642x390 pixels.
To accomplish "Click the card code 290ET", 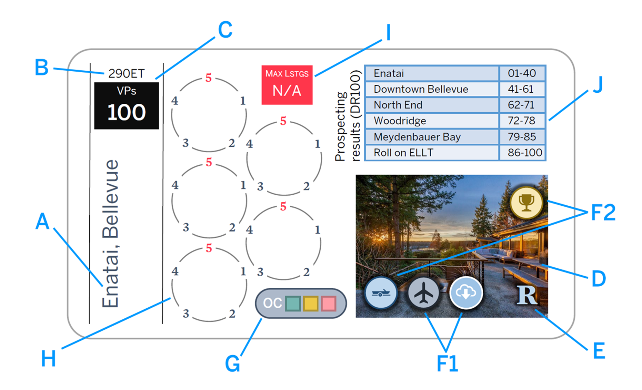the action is pyautogui.click(x=126, y=73).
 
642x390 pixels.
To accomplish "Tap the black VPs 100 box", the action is pyautogui.click(x=127, y=106).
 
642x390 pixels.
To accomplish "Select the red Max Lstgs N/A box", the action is pyautogui.click(x=287, y=85).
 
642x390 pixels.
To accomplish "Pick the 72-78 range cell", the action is pyautogui.click(x=522, y=121).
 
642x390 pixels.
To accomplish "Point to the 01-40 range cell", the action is pyautogui.click(x=522, y=73).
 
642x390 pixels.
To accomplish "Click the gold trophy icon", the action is pyautogui.click(x=526, y=202).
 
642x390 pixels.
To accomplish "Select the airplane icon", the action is pyautogui.click(x=423, y=293).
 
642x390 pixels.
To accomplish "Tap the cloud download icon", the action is pyautogui.click(x=466, y=293).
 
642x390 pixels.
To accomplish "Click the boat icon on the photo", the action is pyautogui.click(x=381, y=293).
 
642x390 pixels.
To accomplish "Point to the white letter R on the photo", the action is pyautogui.click(x=526, y=295).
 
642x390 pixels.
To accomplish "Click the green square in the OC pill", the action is pyautogui.click(x=293, y=304).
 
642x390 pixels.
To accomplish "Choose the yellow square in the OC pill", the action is pyautogui.click(x=310, y=304).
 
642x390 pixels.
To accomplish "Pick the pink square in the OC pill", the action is pyautogui.click(x=328, y=304).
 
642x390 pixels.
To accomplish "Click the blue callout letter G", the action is pyautogui.click(x=232, y=364).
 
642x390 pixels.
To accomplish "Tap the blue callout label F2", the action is pyautogui.click(x=603, y=213).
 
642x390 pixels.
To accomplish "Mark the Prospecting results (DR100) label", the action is pyautogui.click(x=348, y=116).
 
